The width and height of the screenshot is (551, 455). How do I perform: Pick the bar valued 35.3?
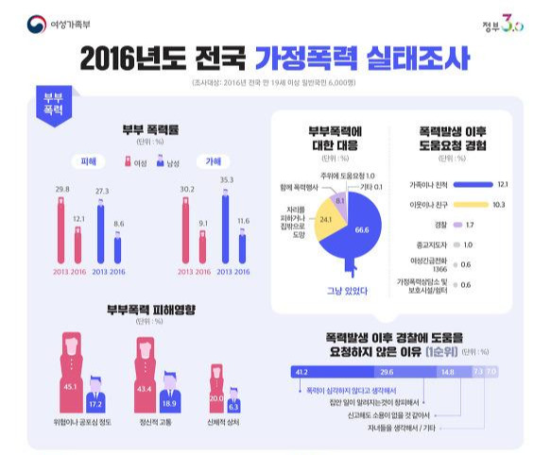225,227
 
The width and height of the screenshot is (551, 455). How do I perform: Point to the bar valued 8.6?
118,249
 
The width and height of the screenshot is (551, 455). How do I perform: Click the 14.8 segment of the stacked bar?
447,372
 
